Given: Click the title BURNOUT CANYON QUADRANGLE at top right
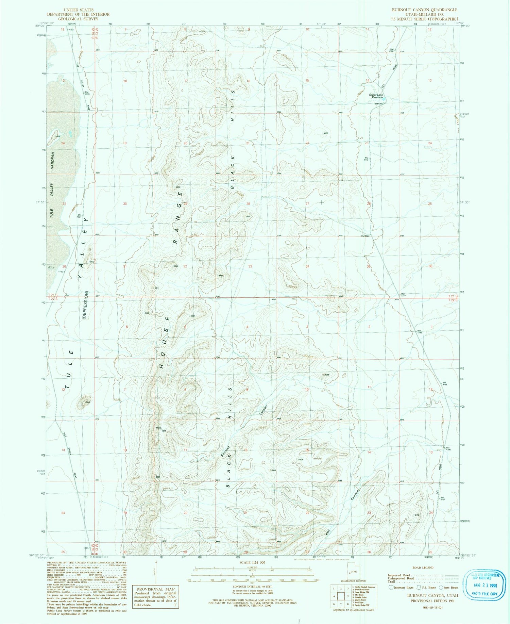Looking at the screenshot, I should point(424,10).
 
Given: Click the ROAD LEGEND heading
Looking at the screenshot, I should point(423,568).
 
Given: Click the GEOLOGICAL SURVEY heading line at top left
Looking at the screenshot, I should point(78,19).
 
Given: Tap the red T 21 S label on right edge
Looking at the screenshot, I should point(453,296).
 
